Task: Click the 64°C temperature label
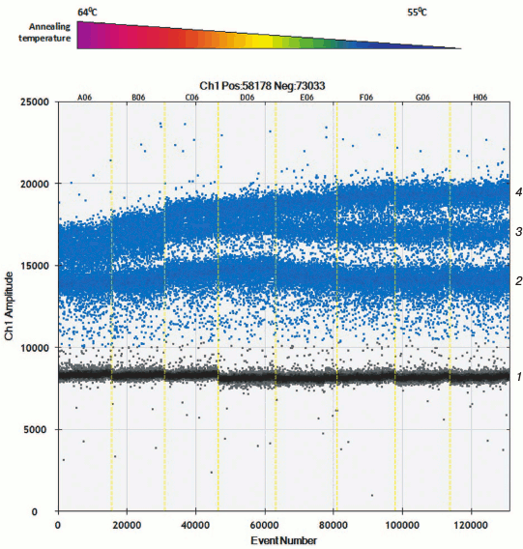(87, 12)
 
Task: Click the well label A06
(84, 97)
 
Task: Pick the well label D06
(247, 97)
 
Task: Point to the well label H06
(478, 97)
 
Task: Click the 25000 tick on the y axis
(36, 102)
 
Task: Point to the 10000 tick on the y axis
(36, 348)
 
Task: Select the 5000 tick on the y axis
(39, 430)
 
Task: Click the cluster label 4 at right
(519, 192)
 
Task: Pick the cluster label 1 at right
(519, 376)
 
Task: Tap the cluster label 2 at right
(519, 280)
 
